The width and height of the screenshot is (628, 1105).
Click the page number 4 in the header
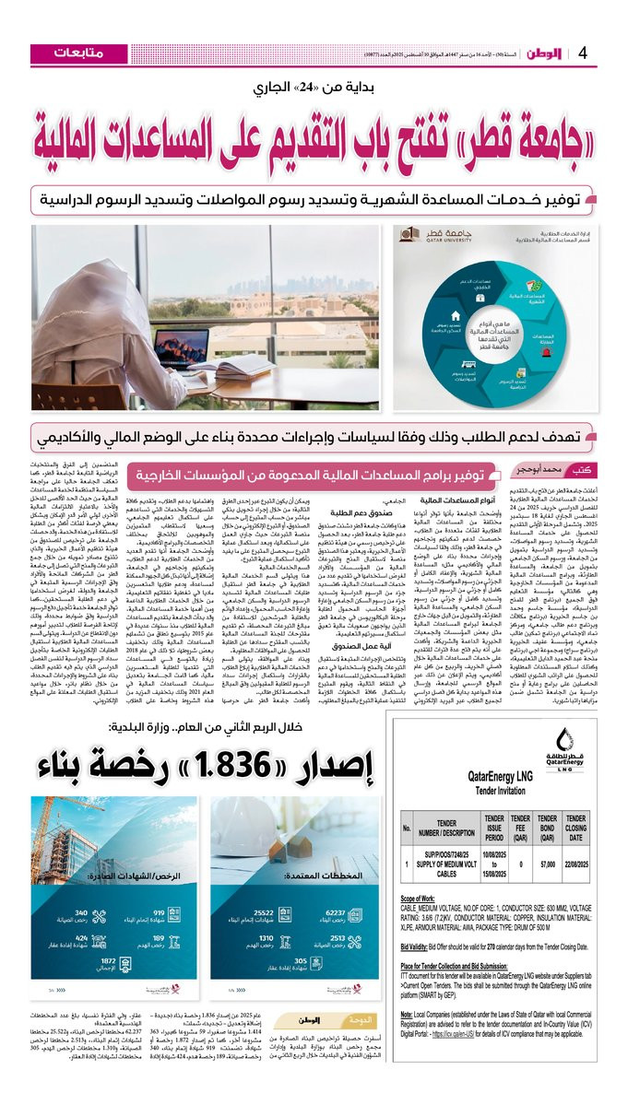[582, 53]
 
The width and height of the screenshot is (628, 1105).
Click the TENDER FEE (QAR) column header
[521, 827]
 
